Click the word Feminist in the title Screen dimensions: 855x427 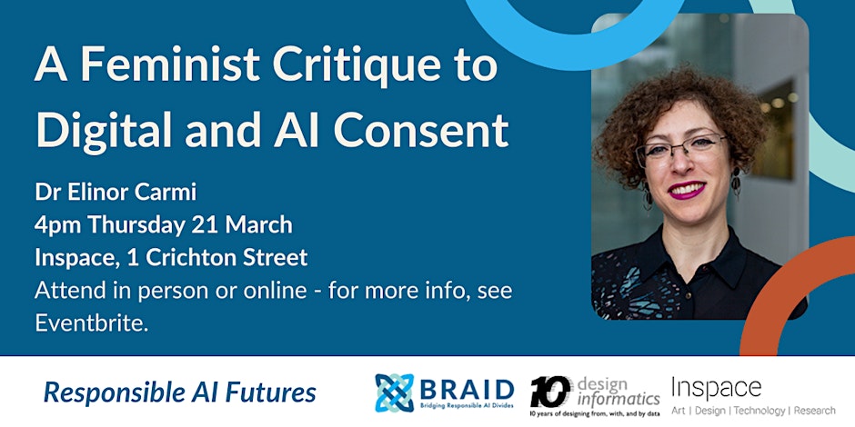click(x=170, y=65)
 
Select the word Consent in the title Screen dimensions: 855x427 click(x=421, y=131)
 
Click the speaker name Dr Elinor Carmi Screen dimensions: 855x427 click(x=115, y=193)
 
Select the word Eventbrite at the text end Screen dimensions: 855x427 click(x=91, y=323)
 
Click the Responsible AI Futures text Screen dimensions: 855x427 click(x=180, y=392)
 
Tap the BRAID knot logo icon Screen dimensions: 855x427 click(x=394, y=392)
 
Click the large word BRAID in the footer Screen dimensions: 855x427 click(x=467, y=389)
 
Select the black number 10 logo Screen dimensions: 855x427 click(x=550, y=392)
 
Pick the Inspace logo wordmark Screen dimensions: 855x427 click(x=716, y=388)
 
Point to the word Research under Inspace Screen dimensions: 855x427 click(x=815, y=410)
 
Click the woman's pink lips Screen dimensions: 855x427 click(x=686, y=190)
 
